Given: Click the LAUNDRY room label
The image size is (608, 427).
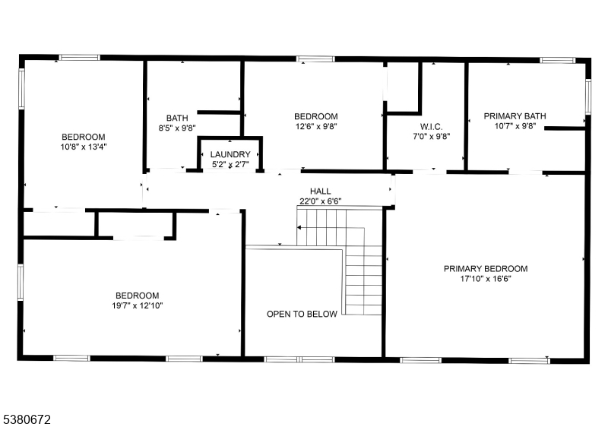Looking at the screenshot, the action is (230, 154).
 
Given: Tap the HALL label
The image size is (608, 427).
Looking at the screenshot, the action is (320, 191).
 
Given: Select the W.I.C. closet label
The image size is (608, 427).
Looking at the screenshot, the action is (431, 127).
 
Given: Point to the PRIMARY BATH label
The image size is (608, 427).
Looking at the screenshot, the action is (515, 115).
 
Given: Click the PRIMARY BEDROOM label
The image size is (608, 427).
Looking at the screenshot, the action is (486, 268).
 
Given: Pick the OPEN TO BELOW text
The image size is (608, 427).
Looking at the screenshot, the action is (302, 314).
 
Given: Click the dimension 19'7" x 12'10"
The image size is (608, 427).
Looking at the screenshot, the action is (138, 305).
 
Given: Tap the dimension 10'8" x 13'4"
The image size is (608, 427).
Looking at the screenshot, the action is (84, 147).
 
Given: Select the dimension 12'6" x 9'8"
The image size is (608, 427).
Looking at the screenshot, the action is (316, 126).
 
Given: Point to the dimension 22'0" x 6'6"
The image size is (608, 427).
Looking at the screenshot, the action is (320, 201).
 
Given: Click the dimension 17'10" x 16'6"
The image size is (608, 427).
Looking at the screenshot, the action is (486, 279).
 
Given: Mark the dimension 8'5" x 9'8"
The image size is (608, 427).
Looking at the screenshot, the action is (177, 128).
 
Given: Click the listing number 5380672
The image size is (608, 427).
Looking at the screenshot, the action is (27, 419).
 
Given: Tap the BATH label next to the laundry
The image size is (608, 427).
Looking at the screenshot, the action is (177, 118).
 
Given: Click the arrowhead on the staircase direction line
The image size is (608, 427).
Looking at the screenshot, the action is (299, 227).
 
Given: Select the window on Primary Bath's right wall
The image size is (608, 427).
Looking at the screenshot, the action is (587, 96).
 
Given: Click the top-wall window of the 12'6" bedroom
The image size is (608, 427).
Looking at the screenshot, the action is (315, 59).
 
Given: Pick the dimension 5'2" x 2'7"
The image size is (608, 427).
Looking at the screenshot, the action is (230, 164).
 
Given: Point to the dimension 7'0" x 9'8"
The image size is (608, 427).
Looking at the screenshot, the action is (431, 137).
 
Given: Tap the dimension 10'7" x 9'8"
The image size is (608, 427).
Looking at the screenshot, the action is (515, 126).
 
